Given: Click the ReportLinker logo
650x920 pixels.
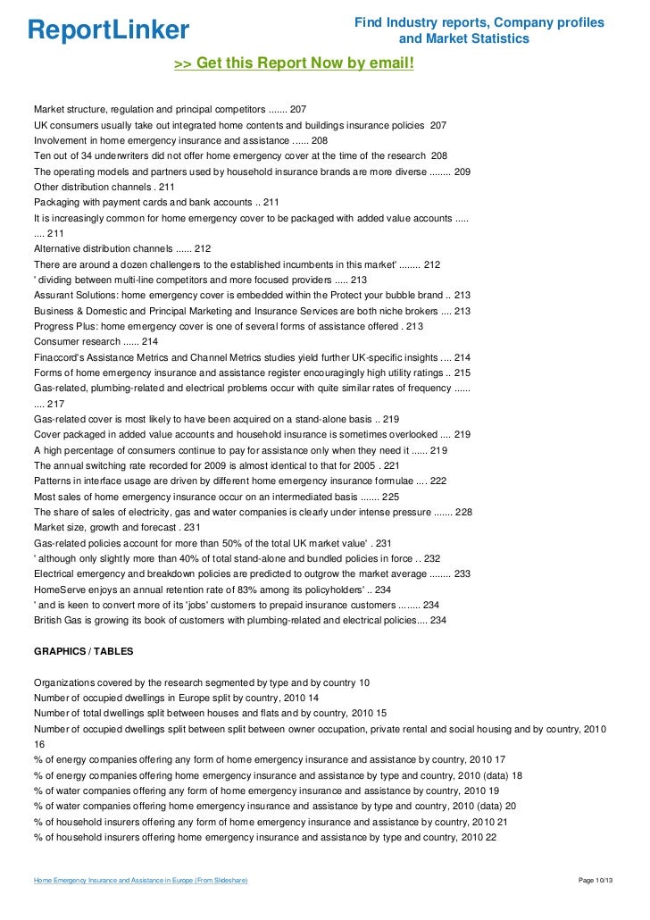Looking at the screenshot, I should pyautogui.click(x=109, y=29).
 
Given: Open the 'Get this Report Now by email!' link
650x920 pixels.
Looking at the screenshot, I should pyautogui.click(x=294, y=63).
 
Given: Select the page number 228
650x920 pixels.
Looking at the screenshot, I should pyautogui.click(x=463, y=512).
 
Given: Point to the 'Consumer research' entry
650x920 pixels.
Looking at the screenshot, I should pyautogui.click(x=77, y=341).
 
